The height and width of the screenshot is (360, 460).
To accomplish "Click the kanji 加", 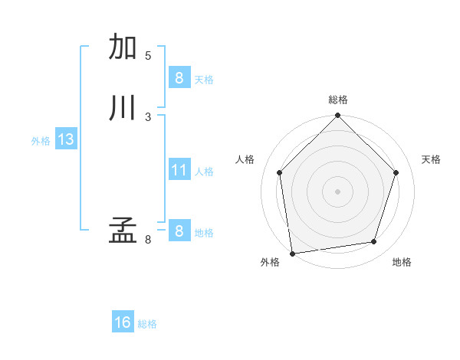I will tap(123, 47).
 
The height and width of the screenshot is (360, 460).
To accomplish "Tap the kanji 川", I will tap(123, 108).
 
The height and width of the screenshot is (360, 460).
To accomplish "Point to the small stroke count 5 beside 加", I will tap(148, 56).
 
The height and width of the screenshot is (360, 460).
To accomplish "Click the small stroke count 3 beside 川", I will tap(148, 116).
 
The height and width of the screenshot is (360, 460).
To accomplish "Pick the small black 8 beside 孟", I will tap(148, 240).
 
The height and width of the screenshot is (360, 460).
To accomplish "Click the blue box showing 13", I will tap(65, 139).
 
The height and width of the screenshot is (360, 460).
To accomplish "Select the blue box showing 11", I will tap(179, 170).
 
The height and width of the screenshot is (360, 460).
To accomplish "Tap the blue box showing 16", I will tap(123, 322).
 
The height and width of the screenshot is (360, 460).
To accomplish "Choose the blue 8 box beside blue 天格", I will tap(179, 77).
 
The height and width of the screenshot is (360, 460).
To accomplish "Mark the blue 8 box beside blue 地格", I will tap(179, 231).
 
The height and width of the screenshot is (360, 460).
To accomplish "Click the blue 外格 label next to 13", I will tap(41, 141).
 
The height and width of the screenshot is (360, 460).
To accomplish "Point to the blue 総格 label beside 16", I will tap(147, 324).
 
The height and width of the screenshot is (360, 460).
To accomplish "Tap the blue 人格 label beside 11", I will tap(204, 172).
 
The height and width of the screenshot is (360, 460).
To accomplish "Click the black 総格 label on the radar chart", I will tap(338, 100).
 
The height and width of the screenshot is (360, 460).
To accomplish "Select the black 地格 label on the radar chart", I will tap(402, 262).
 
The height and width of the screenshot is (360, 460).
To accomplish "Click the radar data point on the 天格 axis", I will tap(396, 172).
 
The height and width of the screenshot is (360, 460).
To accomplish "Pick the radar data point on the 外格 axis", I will tap(292, 253).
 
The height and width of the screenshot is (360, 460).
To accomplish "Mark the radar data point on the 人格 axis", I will tap(279, 172).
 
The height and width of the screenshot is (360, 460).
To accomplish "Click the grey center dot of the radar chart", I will tap(337, 191).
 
